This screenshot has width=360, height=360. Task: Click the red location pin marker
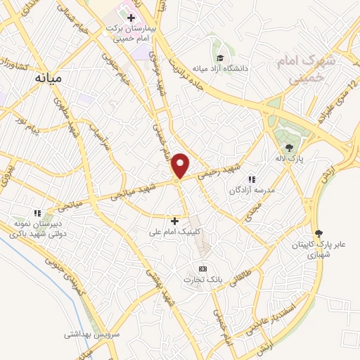(x=181, y=165)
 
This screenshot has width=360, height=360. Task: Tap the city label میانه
(x=50, y=79)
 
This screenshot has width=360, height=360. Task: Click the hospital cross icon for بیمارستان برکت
(x=131, y=17)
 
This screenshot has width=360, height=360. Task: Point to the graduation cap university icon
(x=221, y=58)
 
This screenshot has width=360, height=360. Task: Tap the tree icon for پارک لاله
(x=289, y=147)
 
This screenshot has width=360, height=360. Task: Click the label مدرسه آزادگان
(x=250, y=191)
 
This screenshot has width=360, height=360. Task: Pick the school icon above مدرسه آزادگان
(x=252, y=180)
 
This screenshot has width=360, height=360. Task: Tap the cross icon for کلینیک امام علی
(x=175, y=221)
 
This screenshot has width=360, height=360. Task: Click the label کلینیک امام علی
(x=175, y=231)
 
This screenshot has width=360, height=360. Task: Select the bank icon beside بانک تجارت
(x=203, y=269)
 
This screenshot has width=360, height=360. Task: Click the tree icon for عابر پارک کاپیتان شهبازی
(x=319, y=233)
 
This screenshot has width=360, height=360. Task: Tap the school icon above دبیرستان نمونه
(x=38, y=212)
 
